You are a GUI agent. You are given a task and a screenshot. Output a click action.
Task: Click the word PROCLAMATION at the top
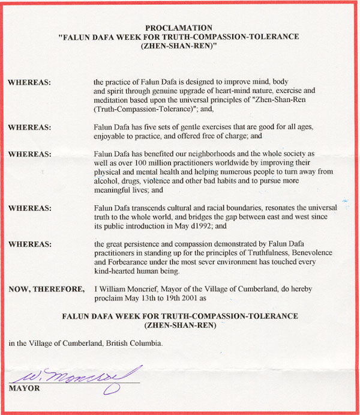pyautogui.click(x=179, y=28)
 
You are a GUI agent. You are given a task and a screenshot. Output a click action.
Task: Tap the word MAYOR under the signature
pyautogui.click(x=25, y=389)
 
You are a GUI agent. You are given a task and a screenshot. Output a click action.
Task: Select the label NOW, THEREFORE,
pyautogui.click(x=47, y=289)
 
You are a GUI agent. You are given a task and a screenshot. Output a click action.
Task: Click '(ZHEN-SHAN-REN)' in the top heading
pyautogui.click(x=179, y=44)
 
